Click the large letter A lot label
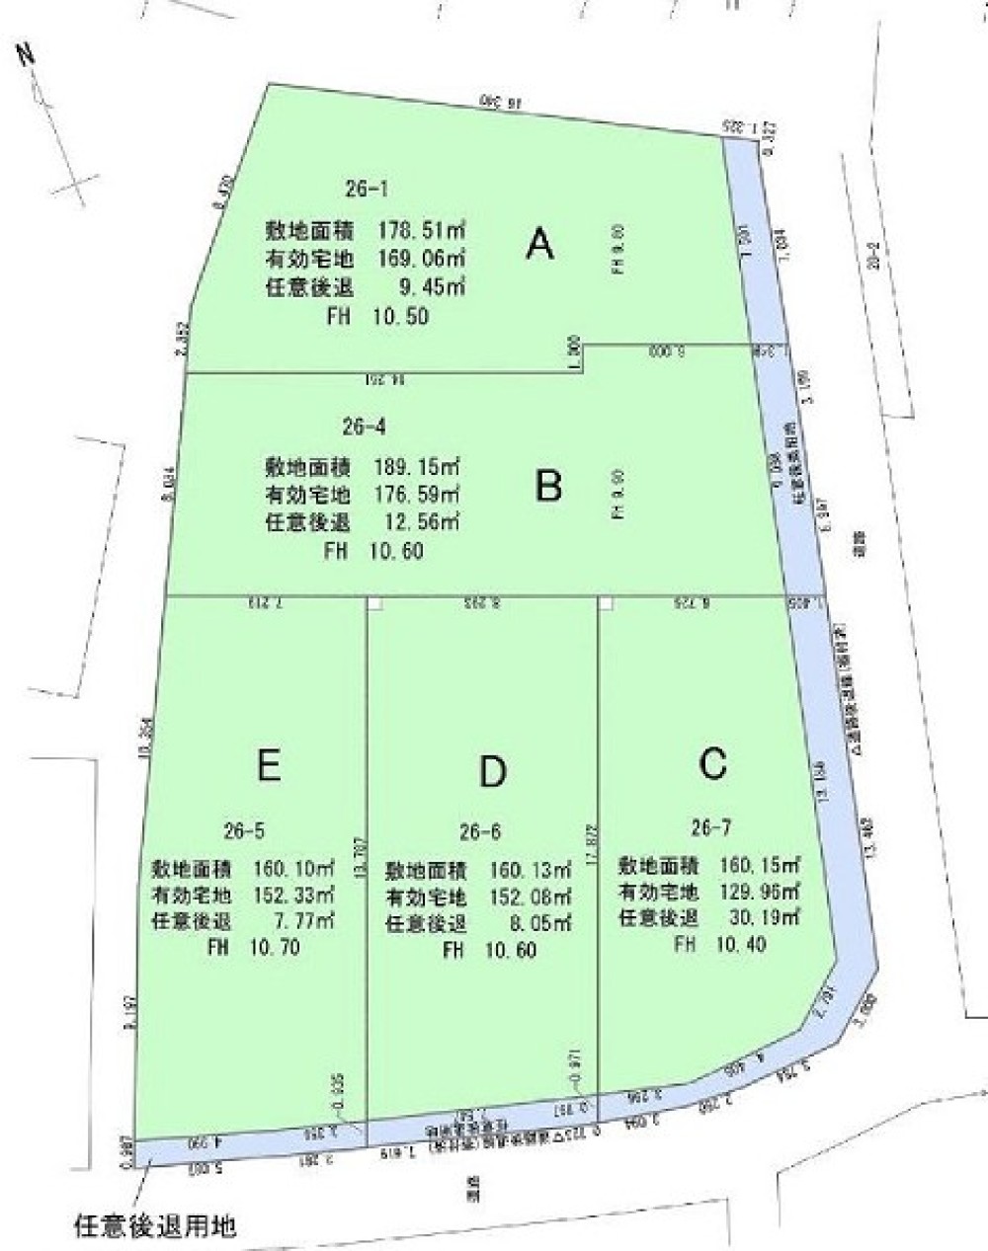click(539, 243)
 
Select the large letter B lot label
click(549, 485)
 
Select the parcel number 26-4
click(364, 428)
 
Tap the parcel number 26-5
click(244, 830)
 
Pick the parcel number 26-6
click(482, 831)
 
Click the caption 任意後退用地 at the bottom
click(155, 1227)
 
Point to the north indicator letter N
click(26, 56)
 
